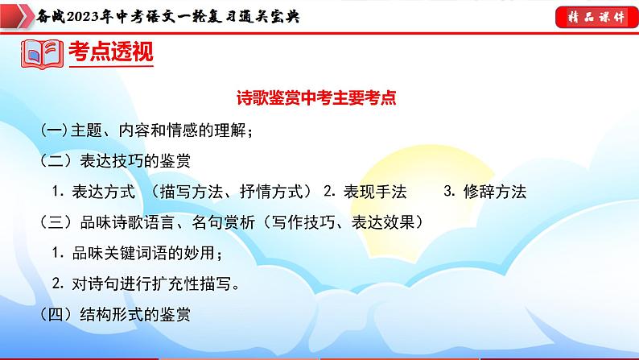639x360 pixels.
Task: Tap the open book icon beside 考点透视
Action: coord(41,56)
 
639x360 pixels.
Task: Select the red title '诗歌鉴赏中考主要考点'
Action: coord(319,99)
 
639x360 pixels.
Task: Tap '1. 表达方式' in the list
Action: coord(89,191)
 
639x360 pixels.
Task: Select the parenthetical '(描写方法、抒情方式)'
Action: coord(233,191)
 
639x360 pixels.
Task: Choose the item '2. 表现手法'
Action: coord(365,191)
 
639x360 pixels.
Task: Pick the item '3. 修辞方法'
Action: coord(484,191)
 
